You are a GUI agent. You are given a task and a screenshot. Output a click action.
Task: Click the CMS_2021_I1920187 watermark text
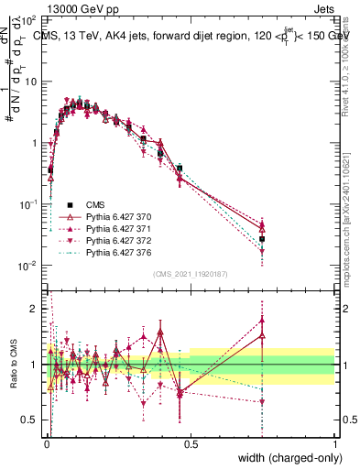(x=191, y=275)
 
